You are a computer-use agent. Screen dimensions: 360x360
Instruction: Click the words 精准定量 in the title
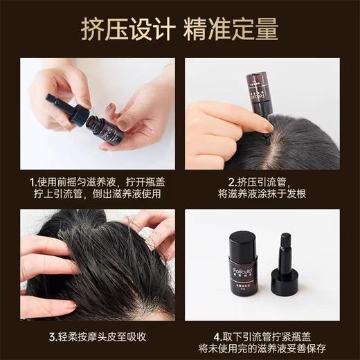232,30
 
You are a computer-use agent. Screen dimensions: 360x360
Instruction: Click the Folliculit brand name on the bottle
240,271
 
